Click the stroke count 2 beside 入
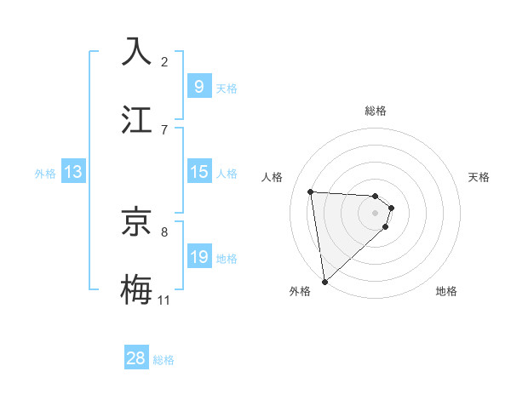click(164, 61)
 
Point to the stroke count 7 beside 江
click(164, 129)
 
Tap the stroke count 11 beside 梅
click(164, 300)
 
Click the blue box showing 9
click(198, 87)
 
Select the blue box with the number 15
click(198, 172)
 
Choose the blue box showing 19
click(198, 257)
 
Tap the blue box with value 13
click(72, 172)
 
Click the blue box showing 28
click(136, 358)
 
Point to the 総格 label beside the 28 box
click(164, 360)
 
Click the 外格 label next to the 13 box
click(45, 174)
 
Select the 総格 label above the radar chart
click(376, 111)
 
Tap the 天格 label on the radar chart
click(479, 177)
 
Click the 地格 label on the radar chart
click(446, 291)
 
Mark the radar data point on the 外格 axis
click(324, 280)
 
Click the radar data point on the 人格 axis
click(311, 191)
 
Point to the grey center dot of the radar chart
click(376, 224)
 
